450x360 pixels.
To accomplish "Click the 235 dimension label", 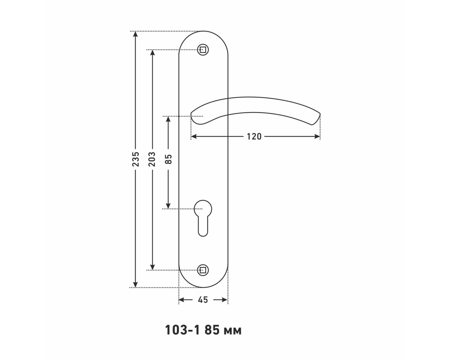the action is pyautogui.click(x=135, y=159).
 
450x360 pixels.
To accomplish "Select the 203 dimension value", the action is pyautogui.click(x=152, y=159).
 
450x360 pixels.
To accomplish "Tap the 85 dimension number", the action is pyautogui.click(x=168, y=159).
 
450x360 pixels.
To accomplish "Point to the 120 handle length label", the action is pyautogui.click(x=254, y=137).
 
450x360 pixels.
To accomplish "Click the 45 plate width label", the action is pyautogui.click(x=203, y=300).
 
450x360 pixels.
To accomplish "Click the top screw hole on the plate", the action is pyautogui.click(x=203, y=50).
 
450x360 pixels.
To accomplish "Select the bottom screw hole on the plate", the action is pyautogui.click(x=203, y=270).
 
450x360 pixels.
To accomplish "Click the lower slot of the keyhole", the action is pyautogui.click(x=203, y=227).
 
